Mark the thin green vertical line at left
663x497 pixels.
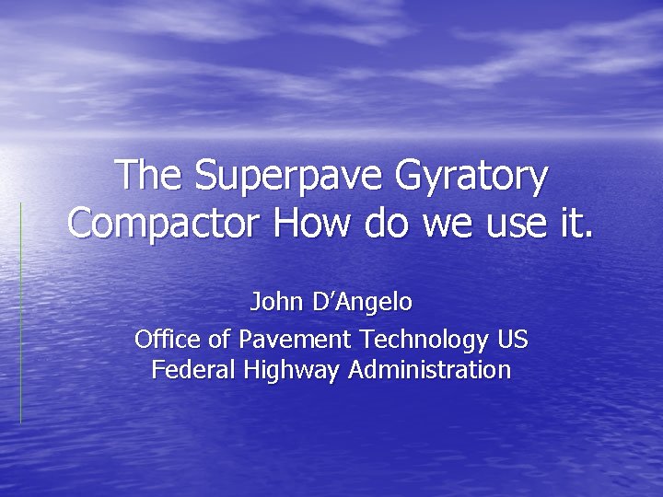[20, 313]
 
